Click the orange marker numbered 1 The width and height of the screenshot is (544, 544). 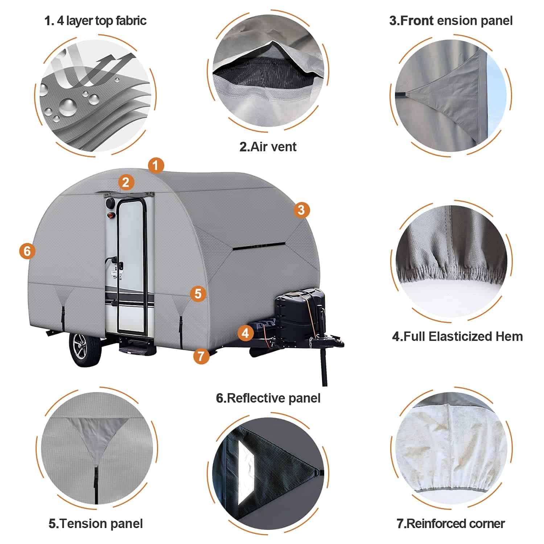156,166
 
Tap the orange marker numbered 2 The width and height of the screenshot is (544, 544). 126,182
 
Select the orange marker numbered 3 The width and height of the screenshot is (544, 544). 301,210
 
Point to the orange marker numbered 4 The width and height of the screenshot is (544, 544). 246,333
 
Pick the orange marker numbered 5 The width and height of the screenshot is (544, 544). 198,293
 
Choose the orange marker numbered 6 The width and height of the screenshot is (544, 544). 28,251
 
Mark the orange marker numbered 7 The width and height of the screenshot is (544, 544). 201,356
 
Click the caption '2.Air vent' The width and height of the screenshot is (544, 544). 268,147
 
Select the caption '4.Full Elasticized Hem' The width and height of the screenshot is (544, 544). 457,337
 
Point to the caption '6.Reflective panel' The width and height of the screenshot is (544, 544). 268,398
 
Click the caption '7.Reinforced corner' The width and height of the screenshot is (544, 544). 450,524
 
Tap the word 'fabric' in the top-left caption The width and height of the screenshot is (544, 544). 131,21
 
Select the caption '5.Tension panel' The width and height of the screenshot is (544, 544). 96,524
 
